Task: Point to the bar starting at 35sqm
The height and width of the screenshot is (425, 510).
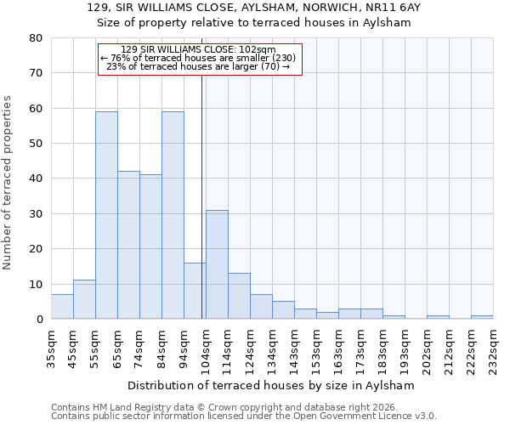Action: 62,307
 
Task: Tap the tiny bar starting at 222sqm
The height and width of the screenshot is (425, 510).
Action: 482,317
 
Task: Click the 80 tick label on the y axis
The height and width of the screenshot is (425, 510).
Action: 35,38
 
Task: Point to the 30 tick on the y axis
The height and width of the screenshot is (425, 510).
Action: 35,213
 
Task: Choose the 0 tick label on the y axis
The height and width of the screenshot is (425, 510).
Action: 38,320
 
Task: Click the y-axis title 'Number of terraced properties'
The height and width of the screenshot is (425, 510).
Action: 8,182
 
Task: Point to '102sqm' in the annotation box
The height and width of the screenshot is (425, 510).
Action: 260,49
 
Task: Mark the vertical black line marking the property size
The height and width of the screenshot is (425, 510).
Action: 202,195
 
